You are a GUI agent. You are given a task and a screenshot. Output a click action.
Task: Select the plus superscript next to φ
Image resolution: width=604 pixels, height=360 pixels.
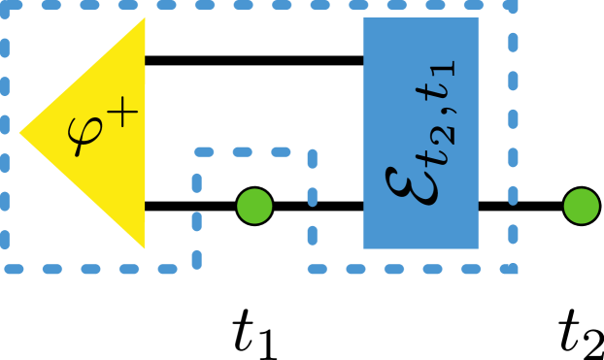(x=123, y=114)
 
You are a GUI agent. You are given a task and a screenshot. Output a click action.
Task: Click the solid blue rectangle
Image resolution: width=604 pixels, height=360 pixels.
(x=420, y=133)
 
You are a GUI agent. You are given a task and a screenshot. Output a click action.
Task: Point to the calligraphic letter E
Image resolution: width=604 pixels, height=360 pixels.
(x=414, y=175)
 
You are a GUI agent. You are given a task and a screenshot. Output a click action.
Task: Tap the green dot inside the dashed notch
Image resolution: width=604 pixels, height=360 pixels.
(x=254, y=206)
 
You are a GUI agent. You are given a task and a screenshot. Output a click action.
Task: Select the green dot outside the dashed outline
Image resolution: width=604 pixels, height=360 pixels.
(x=582, y=206)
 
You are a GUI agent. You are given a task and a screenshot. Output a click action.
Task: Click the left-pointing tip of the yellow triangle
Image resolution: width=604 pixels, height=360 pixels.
(x=19, y=133)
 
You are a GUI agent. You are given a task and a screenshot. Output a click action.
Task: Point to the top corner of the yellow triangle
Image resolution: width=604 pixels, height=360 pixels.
(x=145, y=17)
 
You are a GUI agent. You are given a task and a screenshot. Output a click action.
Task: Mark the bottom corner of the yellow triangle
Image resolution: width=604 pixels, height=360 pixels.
(x=145, y=248)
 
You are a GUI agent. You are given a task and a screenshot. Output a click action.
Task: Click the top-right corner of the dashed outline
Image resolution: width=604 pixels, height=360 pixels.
(x=512, y=5)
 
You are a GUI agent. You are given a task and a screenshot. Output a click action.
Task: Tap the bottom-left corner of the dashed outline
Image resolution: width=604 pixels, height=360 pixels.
(x=5, y=268)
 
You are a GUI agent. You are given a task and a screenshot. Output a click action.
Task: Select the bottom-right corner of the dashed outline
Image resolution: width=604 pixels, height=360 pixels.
(x=512, y=268)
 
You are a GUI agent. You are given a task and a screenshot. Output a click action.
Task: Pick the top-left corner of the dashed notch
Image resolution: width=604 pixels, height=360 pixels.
(x=197, y=152)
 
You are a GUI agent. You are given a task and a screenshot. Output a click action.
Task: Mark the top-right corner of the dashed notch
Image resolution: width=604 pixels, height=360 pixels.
(x=312, y=152)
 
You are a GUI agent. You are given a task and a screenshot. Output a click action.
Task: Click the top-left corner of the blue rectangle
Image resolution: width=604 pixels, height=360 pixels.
(x=364, y=18)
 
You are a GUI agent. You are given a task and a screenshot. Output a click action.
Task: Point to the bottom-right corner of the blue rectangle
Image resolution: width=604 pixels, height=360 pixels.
(x=478, y=248)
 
